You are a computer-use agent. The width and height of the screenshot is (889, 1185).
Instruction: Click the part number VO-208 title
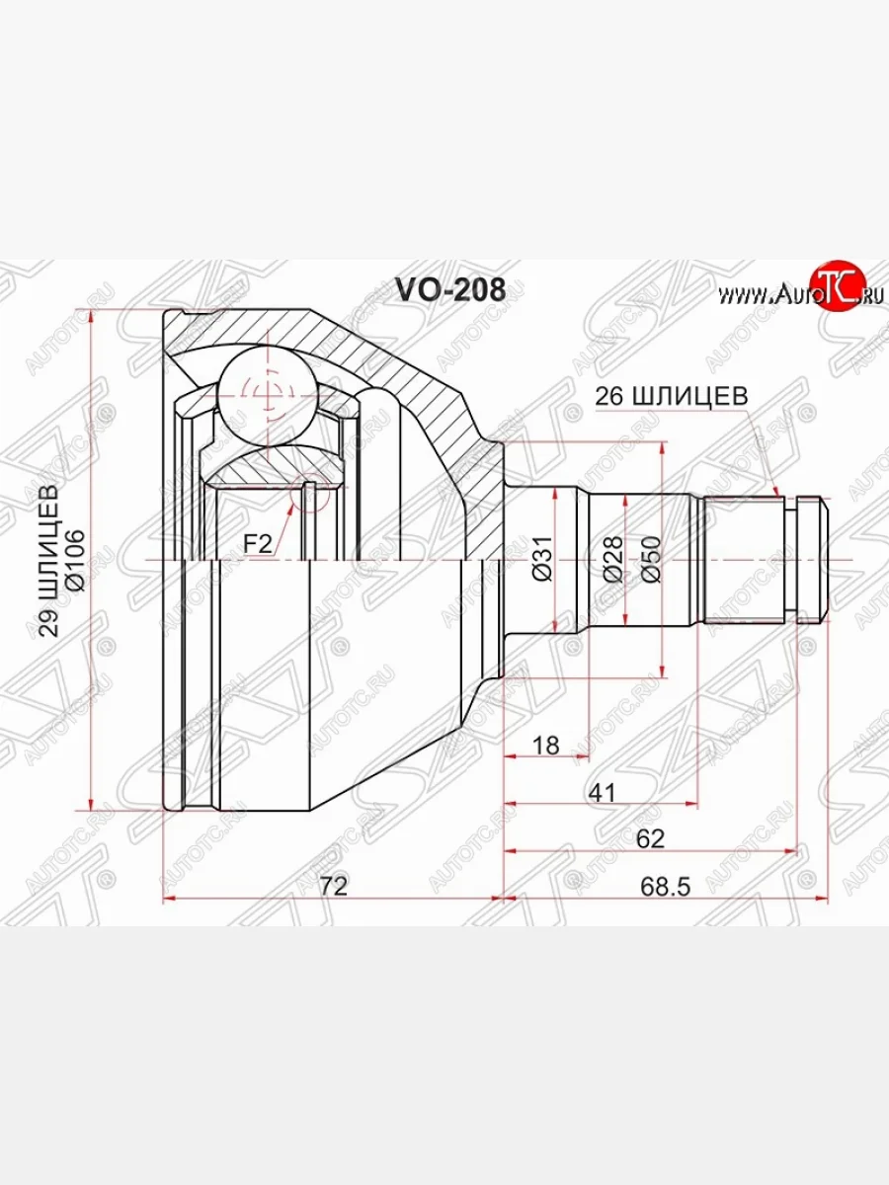[450, 289]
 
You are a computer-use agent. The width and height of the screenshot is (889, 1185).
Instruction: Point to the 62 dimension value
[650, 838]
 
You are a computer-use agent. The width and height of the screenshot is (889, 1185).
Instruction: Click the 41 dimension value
[603, 792]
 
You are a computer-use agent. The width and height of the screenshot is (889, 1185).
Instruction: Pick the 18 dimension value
[545, 746]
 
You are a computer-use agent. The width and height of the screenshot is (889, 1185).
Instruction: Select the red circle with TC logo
[837, 287]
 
